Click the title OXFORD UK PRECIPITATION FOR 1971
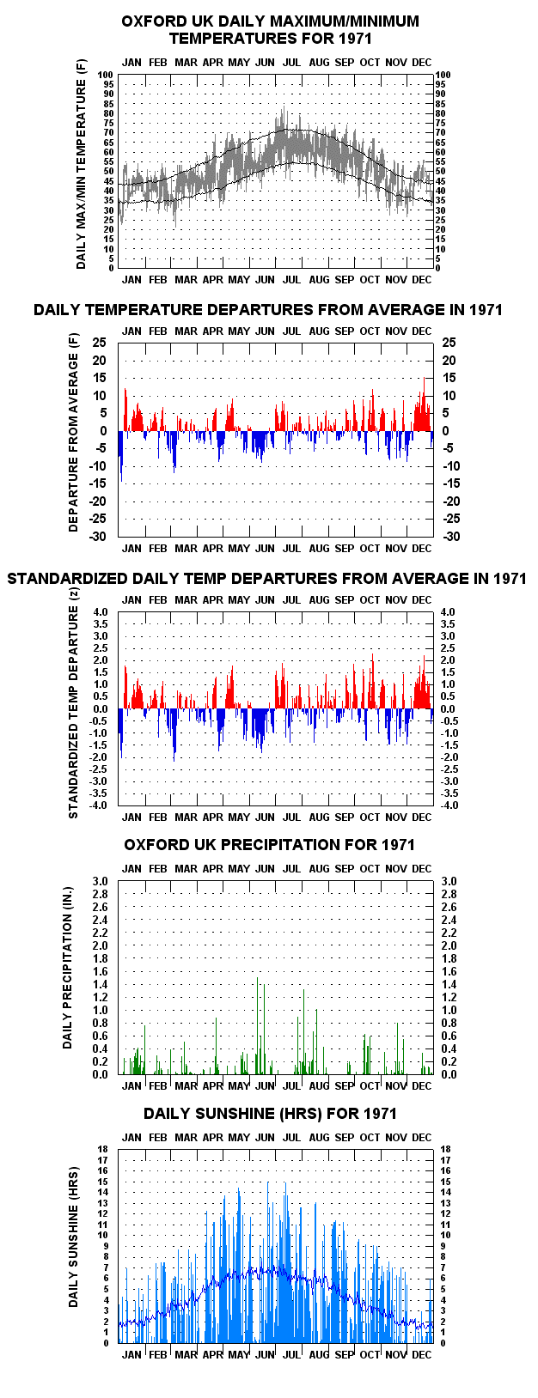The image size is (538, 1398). point(269,845)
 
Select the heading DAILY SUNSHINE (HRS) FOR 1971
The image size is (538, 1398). point(270,1114)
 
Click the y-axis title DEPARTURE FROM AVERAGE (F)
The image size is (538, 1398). point(74,432)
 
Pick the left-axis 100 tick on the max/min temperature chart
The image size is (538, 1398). point(107,75)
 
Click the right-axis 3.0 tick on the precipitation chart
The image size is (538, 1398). point(449,881)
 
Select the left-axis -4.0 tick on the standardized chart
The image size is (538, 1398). point(100,805)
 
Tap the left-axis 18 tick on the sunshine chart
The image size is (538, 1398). point(103,1150)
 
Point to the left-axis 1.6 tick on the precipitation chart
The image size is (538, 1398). point(101,971)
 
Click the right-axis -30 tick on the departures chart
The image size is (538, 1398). point(451,537)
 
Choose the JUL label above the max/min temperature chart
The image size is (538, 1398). point(291,63)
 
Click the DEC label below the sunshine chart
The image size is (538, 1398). point(422,1355)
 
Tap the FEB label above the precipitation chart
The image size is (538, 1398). point(157,869)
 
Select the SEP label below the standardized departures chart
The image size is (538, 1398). point(345,817)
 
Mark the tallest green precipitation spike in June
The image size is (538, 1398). point(258,1026)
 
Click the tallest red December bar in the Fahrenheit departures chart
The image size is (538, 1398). point(425,404)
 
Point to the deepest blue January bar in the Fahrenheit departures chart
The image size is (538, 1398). point(121,456)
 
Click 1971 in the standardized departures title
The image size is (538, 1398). point(510,579)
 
